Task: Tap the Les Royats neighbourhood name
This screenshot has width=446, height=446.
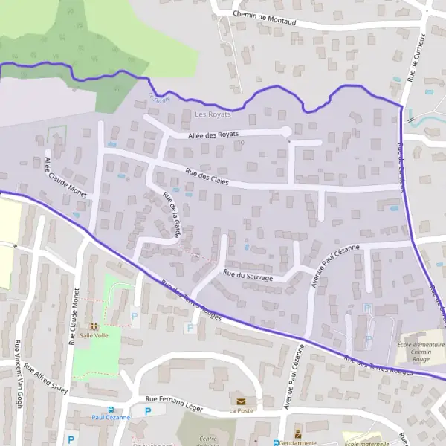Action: click(213, 114)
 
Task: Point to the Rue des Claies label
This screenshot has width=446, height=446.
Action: click(207, 178)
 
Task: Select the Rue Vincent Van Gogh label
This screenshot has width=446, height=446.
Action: click(18, 373)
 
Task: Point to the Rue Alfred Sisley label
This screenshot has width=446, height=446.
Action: click(46, 378)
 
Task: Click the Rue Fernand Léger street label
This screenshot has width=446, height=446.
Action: click(174, 402)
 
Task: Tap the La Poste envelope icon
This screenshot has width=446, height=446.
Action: click(241, 401)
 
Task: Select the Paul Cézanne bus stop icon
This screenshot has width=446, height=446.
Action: click(111, 409)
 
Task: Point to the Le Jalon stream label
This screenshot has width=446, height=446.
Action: click(158, 97)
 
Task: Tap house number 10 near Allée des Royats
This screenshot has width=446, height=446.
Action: click(242, 143)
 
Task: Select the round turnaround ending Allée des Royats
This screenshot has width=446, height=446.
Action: click(286, 132)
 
